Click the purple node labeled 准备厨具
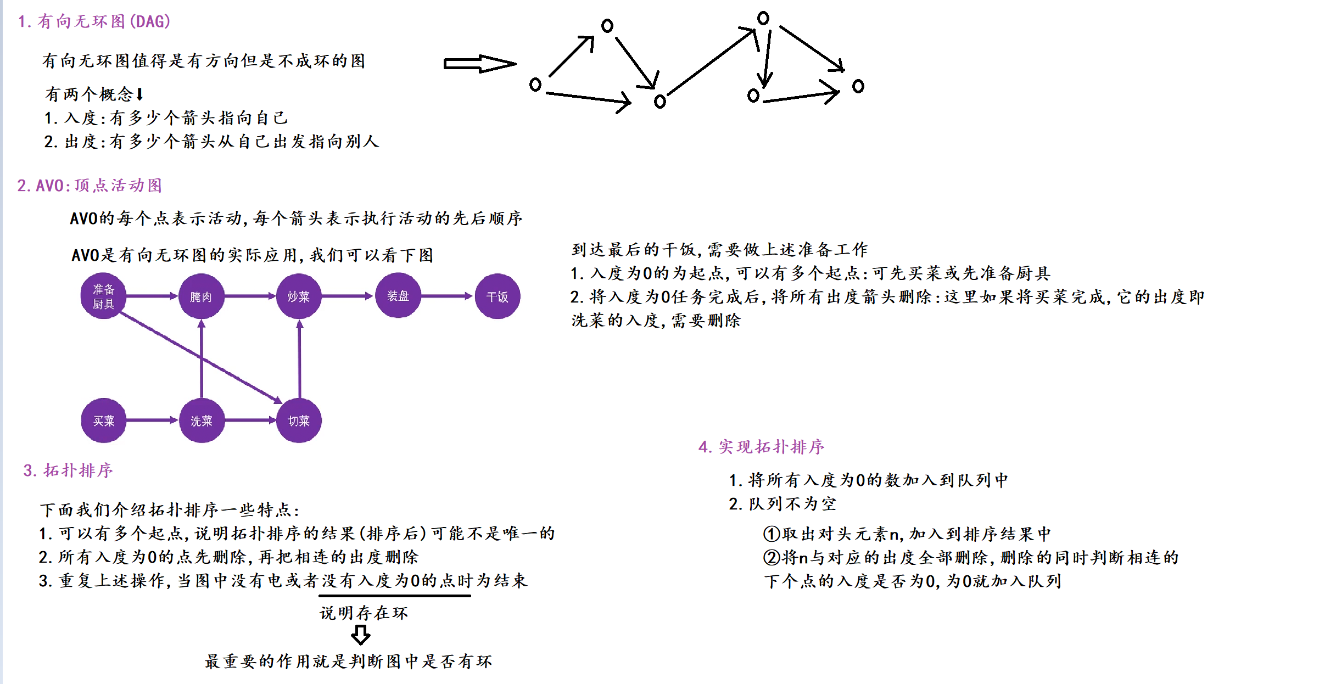103,296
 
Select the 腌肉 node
201,296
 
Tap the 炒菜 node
299,296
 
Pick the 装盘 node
398,296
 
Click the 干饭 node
497,296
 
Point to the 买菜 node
103,421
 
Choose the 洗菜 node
202,421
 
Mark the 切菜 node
299,421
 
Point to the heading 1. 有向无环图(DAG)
94,21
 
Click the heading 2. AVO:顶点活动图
90,186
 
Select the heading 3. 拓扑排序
68,470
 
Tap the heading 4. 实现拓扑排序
761,447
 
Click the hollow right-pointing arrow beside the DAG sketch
479,64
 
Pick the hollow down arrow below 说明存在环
360,635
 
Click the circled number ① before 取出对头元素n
772,534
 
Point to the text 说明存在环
364,613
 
